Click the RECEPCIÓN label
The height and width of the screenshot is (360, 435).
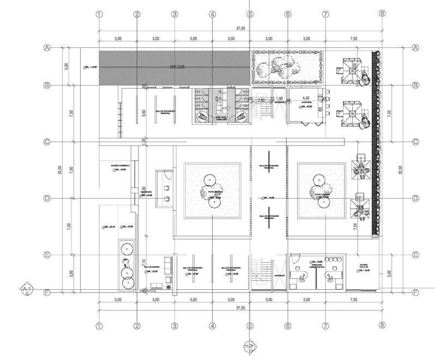[x=146, y=192]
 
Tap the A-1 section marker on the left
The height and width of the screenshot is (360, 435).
[x=26, y=288]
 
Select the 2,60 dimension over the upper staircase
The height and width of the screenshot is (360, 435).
[x=261, y=100]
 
